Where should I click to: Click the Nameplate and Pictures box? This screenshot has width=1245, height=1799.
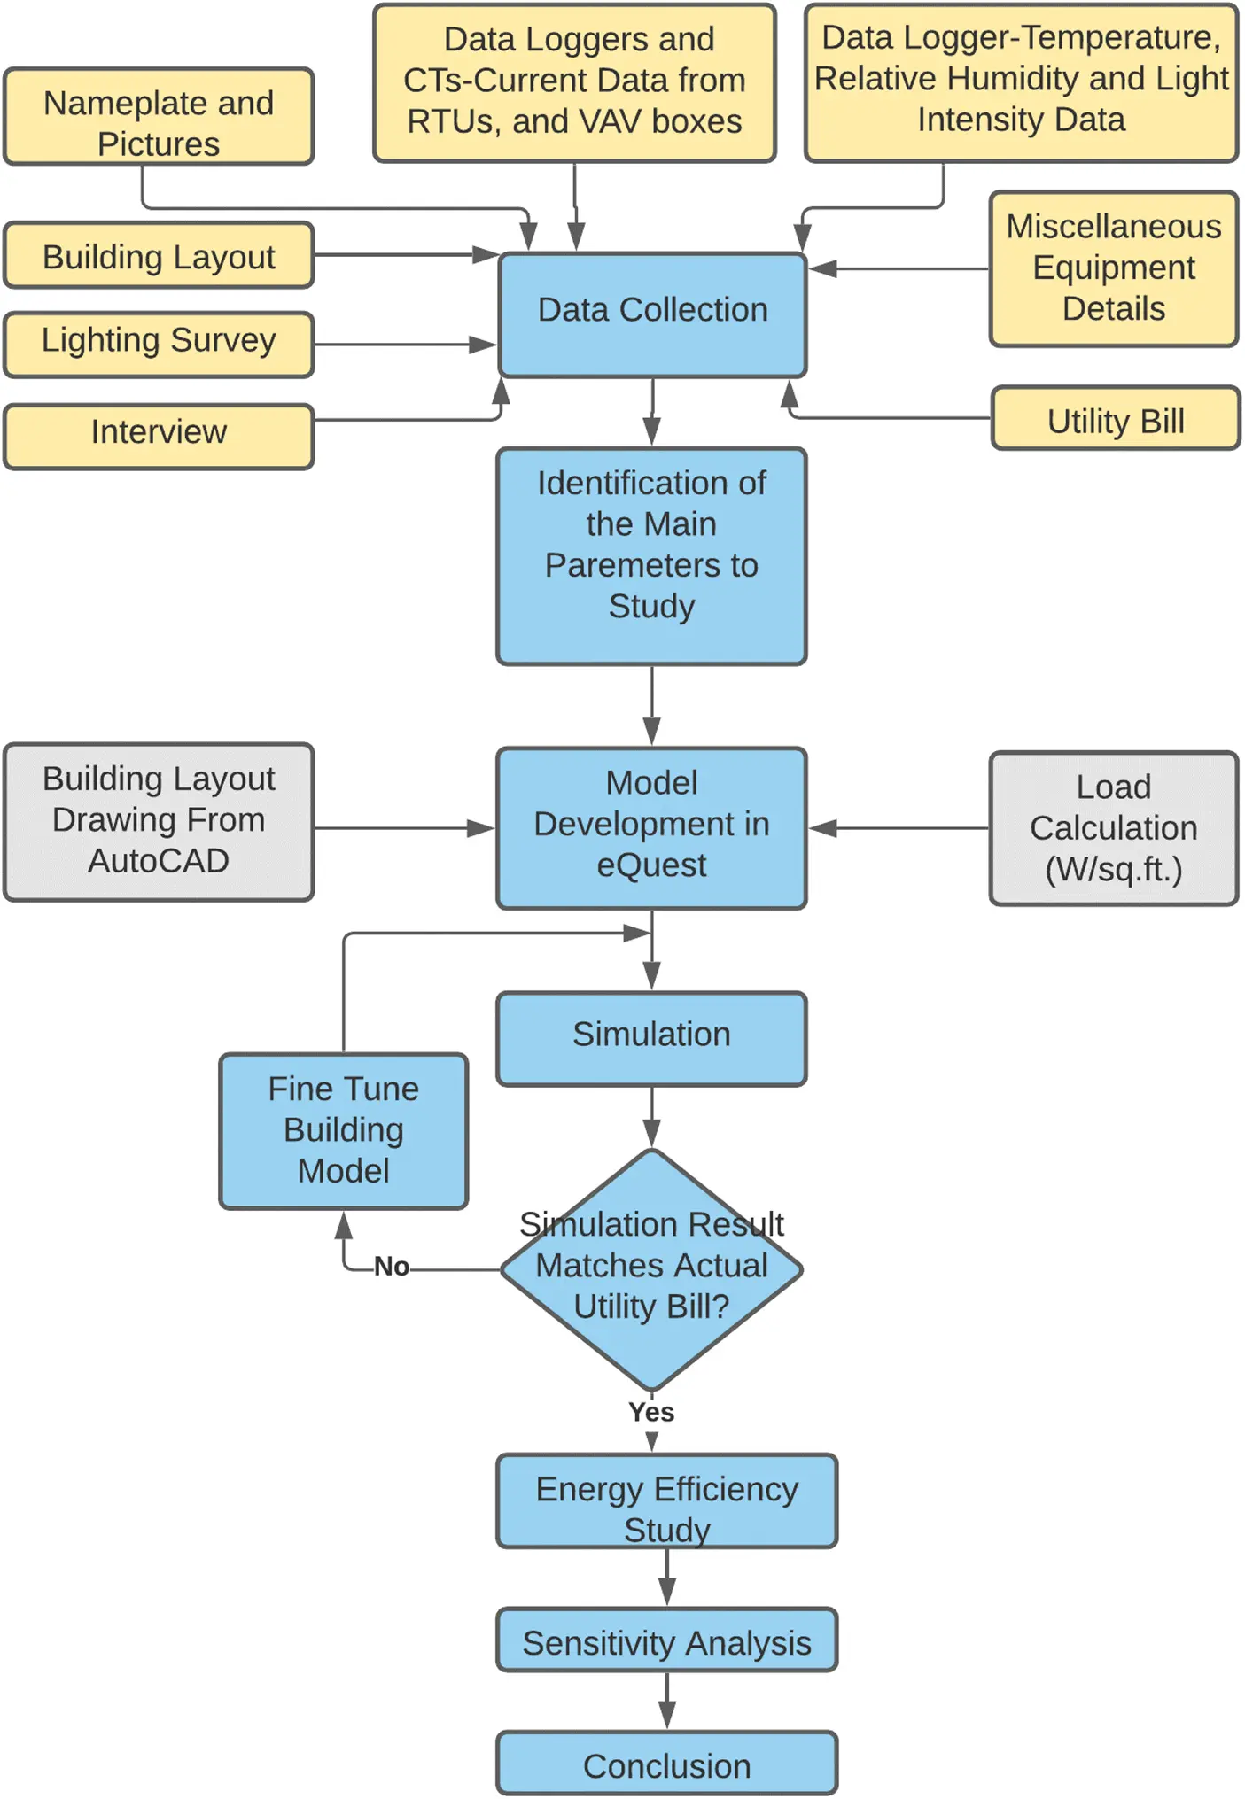159,117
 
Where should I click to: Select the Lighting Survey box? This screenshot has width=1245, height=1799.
159,344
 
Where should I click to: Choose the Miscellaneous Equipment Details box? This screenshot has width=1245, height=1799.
1113,268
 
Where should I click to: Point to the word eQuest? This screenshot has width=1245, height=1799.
651,865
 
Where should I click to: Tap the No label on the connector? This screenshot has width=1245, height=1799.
391,1266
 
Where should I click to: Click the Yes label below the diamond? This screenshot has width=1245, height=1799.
651,1412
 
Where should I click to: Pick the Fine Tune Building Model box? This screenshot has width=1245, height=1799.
344,1130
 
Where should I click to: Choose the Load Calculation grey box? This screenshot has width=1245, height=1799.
1113,828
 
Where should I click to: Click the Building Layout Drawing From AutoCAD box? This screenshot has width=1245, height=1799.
159,821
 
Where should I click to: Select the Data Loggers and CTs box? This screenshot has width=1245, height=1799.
574,82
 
